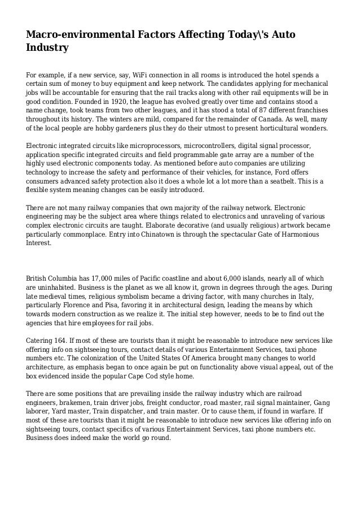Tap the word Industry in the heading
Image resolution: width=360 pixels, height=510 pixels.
tap(47, 48)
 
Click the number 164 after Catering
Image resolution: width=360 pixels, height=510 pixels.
tap(62, 341)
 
